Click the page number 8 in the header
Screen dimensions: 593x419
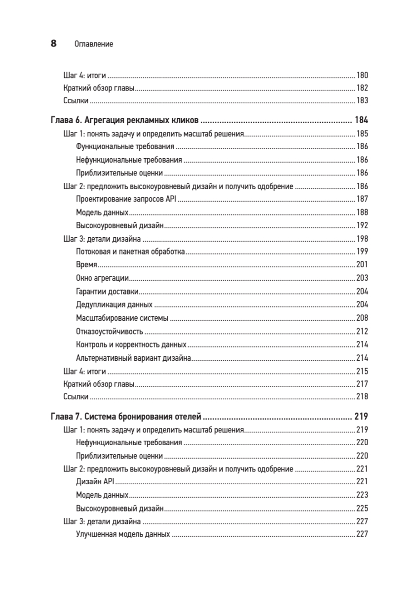[53, 43]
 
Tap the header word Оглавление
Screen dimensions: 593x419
[94, 44]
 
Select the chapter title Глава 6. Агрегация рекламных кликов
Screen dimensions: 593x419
[124, 120]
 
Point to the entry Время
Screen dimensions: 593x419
[86, 265]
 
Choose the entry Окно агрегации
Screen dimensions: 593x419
[103, 278]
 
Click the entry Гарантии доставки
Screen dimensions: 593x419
[107, 291]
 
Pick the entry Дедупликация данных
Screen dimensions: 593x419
[114, 304]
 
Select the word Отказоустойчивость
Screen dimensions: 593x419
[110, 331]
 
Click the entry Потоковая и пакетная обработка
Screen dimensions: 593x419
[130, 252]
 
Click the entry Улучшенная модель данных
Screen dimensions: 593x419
[123, 534]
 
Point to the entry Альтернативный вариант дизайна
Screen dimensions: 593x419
[134, 357]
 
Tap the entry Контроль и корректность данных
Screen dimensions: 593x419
[131, 344]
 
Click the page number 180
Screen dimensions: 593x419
[362, 76]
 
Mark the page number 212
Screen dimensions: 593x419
[362, 331]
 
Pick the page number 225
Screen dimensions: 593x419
[362, 508]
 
